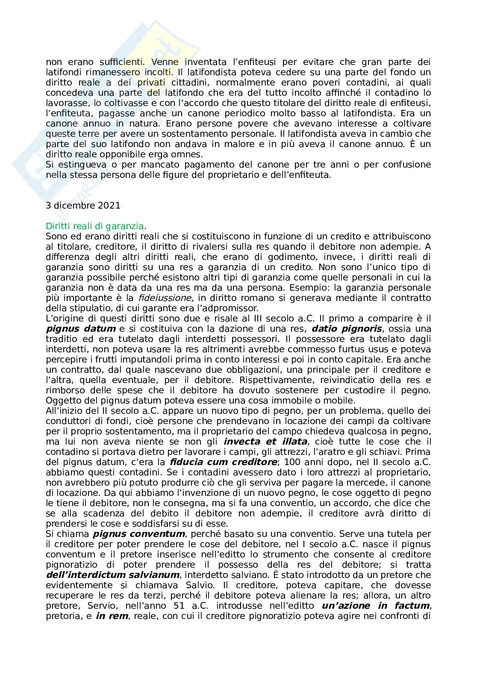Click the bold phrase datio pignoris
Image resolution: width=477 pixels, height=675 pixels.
coord(342,329)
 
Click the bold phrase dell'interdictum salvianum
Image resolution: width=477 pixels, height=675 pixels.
coord(113,575)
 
